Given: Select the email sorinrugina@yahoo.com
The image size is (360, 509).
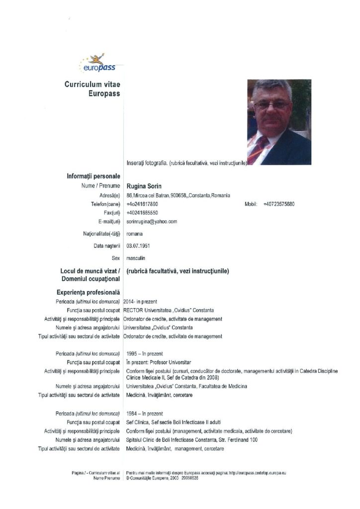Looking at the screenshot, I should [x=152, y=221].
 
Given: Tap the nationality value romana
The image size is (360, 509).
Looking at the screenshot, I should [x=134, y=233].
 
